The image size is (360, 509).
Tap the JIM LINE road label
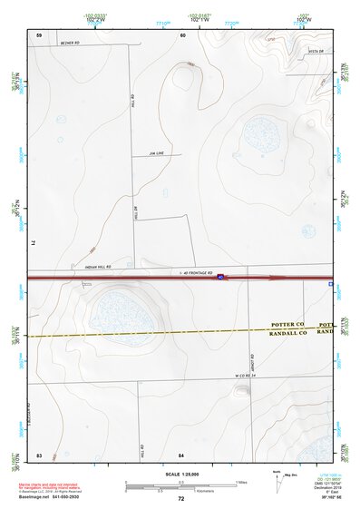click(157, 153)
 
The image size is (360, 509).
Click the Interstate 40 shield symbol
click(220, 279)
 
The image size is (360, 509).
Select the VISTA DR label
click(315, 52)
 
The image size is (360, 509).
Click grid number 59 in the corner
click(39, 34)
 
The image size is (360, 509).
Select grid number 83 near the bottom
click(39, 453)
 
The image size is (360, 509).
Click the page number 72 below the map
click(181, 499)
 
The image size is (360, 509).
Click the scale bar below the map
click(180, 484)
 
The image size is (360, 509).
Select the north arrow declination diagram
click(278, 481)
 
